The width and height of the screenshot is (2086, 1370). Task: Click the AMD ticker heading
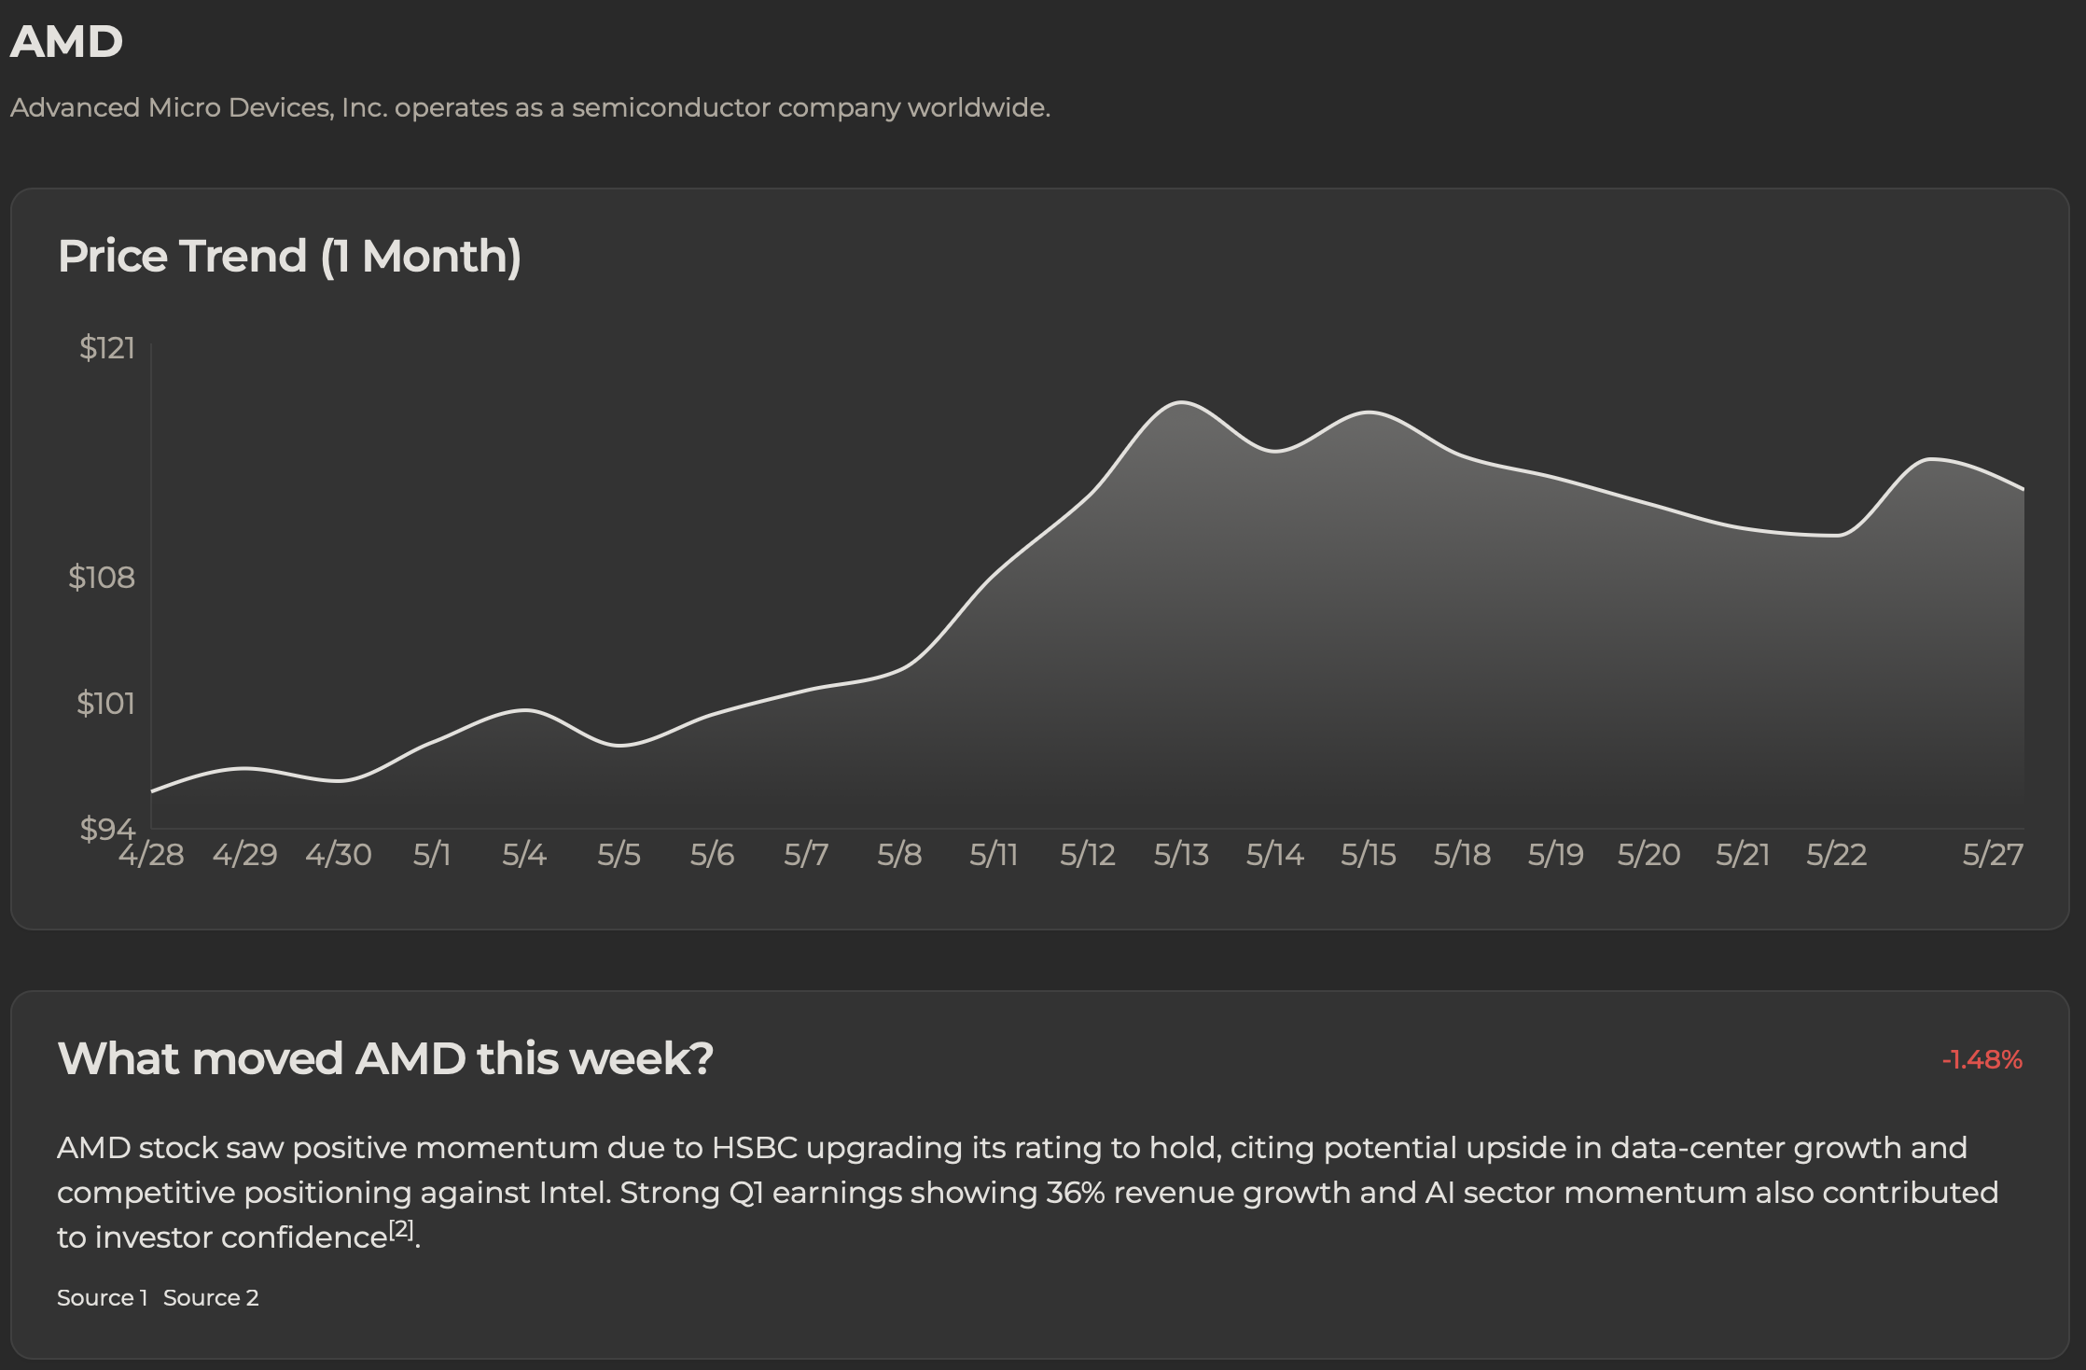click(x=66, y=42)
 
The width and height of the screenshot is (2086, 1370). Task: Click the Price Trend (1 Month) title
click(x=289, y=256)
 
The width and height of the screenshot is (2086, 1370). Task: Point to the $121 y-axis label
click(x=107, y=348)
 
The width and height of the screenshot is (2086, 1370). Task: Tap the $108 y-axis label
click(x=102, y=578)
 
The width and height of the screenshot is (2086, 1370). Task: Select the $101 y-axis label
click(x=105, y=703)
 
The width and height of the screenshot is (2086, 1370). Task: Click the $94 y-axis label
click(x=107, y=828)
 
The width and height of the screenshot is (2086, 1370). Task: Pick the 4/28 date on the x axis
click(x=151, y=855)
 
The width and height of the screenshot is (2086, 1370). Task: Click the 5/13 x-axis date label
click(x=1181, y=855)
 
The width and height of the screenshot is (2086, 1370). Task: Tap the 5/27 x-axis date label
click(x=1993, y=855)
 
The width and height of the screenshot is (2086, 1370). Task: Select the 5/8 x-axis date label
click(x=899, y=855)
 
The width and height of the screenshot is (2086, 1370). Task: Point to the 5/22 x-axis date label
click(x=1836, y=855)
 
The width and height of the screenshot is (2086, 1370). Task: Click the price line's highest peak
click(x=1181, y=402)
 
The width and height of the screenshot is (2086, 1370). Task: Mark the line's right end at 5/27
click(x=2023, y=489)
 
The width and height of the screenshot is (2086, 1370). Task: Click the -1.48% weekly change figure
click(x=1982, y=1060)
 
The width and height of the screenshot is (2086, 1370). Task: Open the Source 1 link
click(x=102, y=1298)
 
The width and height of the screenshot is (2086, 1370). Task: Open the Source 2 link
click(x=211, y=1298)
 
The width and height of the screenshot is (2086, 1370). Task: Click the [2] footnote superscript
click(x=401, y=1229)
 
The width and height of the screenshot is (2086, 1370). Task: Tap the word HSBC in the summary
click(x=754, y=1148)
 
